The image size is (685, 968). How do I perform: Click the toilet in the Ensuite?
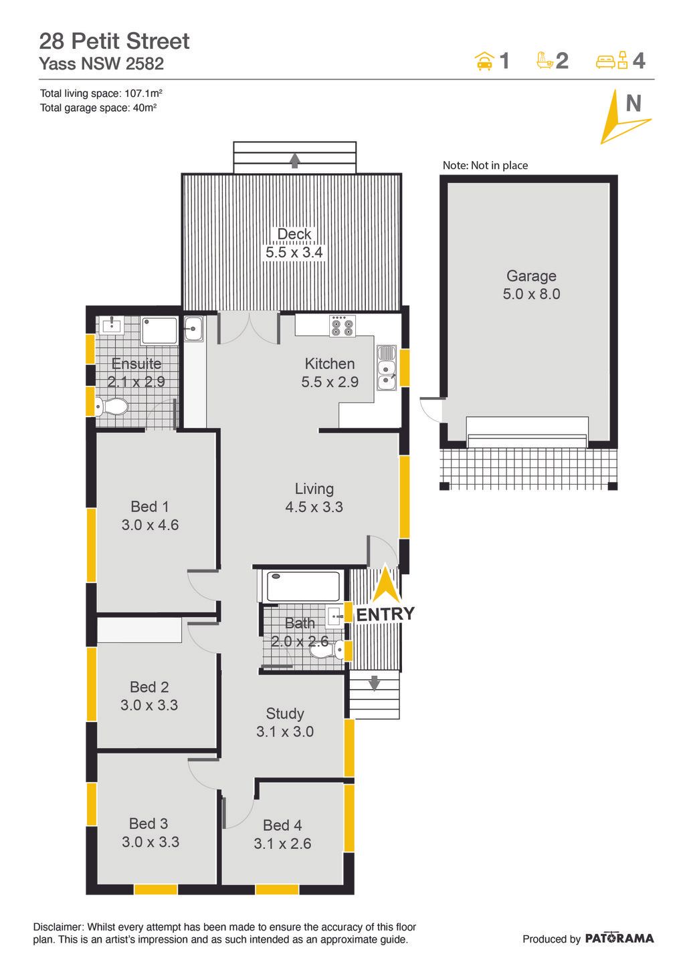[111, 406]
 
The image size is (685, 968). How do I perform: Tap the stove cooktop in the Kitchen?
[342, 326]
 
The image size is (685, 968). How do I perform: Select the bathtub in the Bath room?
[303, 586]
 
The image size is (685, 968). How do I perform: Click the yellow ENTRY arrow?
[386, 583]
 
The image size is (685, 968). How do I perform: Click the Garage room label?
[532, 275]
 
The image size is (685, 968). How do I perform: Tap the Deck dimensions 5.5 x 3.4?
[294, 253]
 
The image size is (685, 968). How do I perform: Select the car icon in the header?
[484, 61]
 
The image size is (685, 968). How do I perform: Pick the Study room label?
[285, 714]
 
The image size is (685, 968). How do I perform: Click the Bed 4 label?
[282, 826]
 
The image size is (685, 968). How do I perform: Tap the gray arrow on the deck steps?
[295, 160]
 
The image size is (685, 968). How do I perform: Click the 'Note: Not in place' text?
[485, 166]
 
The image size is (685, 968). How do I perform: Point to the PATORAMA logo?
[619, 938]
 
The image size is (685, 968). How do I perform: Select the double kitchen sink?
[386, 368]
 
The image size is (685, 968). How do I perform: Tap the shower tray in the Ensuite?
[159, 331]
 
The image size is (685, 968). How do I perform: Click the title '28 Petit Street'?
[114, 41]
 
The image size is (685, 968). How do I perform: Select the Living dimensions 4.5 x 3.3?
[314, 507]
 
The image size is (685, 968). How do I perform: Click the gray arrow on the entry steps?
[374, 683]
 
